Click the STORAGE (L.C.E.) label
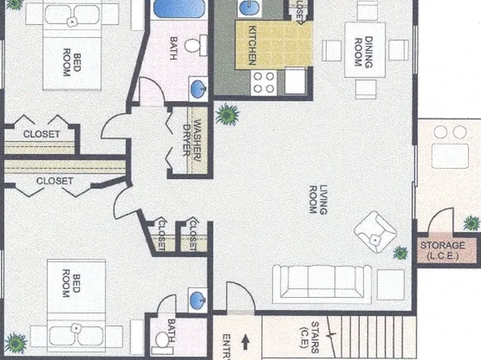click(x=441, y=249)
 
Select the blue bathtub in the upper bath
click(x=179, y=11)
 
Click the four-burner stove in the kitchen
click(x=264, y=81)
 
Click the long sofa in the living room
click(x=321, y=283)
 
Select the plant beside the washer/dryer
click(x=227, y=115)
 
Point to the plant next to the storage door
click(x=471, y=223)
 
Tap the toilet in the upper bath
click(x=192, y=45)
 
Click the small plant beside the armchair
click(x=399, y=253)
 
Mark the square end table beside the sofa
click(x=391, y=283)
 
